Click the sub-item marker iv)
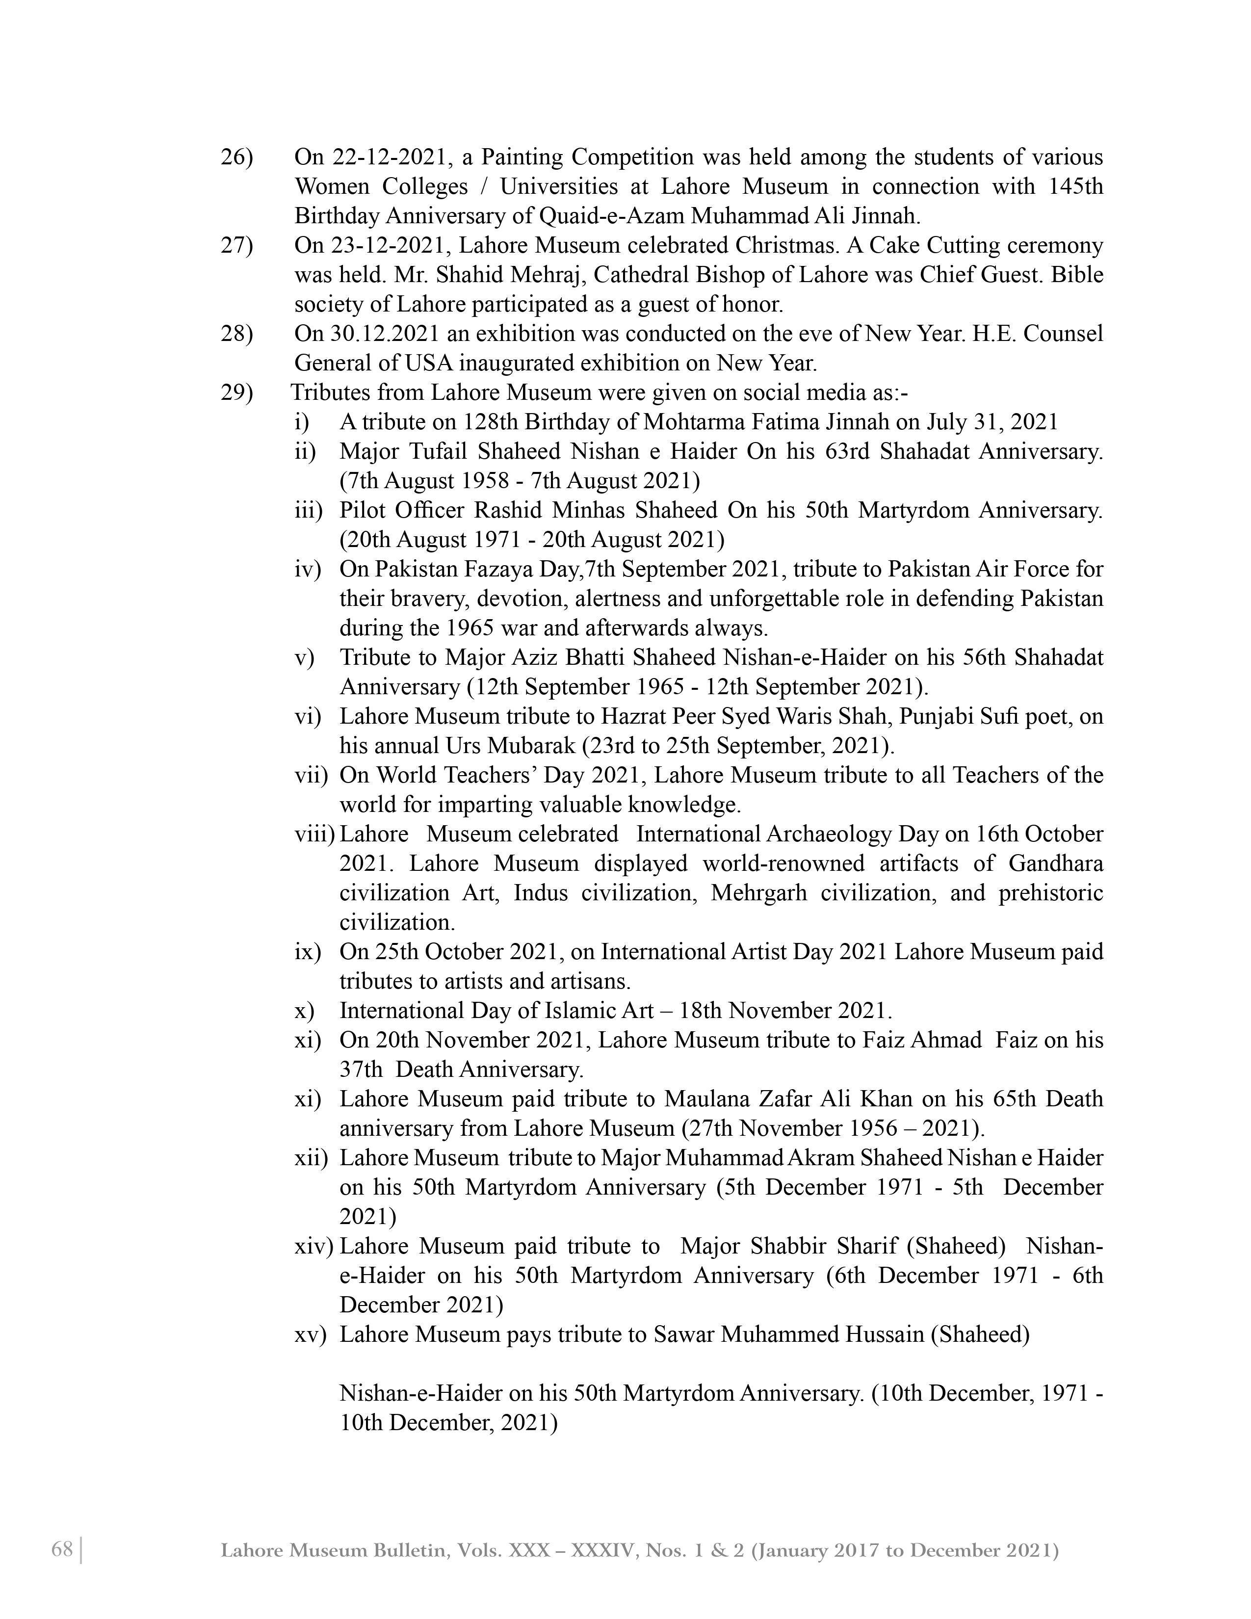308,569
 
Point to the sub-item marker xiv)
314,1247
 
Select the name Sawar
682,1335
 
